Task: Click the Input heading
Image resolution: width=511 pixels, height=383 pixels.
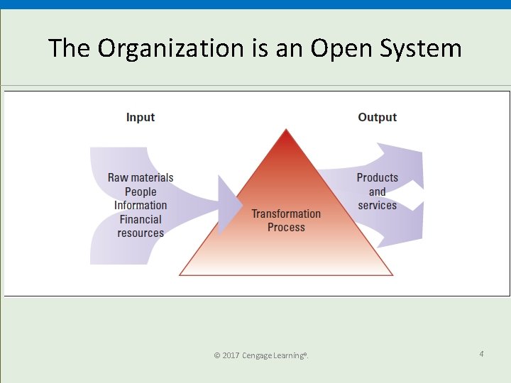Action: point(141,117)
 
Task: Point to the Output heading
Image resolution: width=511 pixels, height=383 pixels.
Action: point(377,117)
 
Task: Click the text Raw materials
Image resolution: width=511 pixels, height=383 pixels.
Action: point(141,177)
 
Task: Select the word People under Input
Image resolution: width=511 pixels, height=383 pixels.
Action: point(141,191)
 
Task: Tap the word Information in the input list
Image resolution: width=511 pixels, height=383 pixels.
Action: point(141,205)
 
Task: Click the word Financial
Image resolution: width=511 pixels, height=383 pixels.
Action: point(141,219)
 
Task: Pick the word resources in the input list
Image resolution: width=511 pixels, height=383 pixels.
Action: point(141,233)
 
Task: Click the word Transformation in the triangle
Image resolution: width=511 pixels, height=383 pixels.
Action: point(286,213)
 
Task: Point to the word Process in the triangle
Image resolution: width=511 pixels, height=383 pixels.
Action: point(286,227)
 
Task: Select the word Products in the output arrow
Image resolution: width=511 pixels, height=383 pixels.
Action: point(377,177)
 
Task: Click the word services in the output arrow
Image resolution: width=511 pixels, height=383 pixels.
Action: point(377,205)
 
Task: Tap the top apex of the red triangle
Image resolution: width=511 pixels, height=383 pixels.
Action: point(286,131)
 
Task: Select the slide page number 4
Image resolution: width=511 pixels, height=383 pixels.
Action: point(481,353)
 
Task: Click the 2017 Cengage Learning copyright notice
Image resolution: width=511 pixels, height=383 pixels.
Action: point(261,355)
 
